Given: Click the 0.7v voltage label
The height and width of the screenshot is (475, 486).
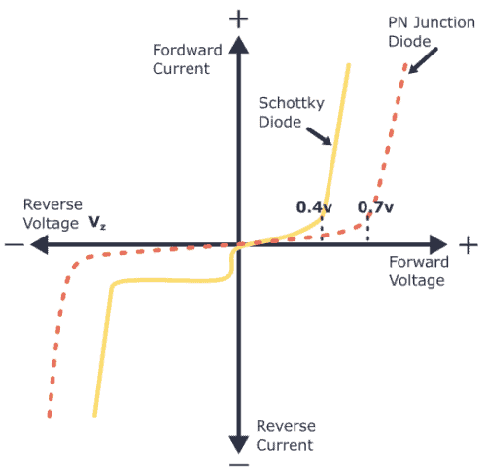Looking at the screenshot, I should (x=375, y=207).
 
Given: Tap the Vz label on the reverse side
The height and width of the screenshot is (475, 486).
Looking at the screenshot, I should (x=98, y=222).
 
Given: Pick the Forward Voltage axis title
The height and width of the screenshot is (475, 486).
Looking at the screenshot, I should (x=418, y=271).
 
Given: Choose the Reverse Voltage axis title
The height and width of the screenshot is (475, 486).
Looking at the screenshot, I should (x=52, y=213).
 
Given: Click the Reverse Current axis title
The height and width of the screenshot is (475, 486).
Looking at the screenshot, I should (x=283, y=436).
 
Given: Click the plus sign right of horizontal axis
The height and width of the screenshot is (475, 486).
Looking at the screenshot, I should (x=469, y=243).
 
